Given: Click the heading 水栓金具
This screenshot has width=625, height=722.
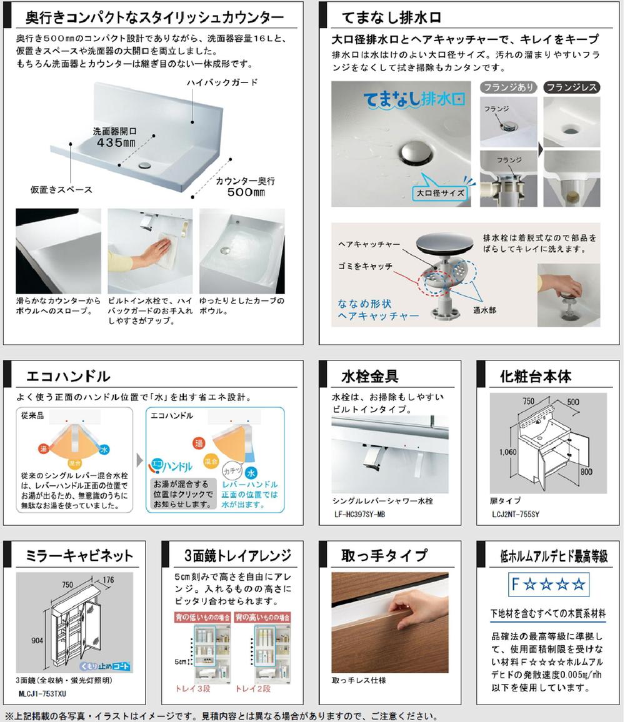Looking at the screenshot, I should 369,377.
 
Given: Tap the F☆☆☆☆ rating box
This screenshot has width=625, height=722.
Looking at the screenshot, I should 549,585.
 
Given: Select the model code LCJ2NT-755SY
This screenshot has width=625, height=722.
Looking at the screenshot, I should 515,514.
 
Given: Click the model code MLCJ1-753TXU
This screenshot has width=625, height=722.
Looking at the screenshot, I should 42,694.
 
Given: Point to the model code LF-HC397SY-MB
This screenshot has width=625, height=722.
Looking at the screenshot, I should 366,514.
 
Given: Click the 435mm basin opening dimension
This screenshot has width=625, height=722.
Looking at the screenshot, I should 115,142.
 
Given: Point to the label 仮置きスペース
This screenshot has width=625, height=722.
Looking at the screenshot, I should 61,189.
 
